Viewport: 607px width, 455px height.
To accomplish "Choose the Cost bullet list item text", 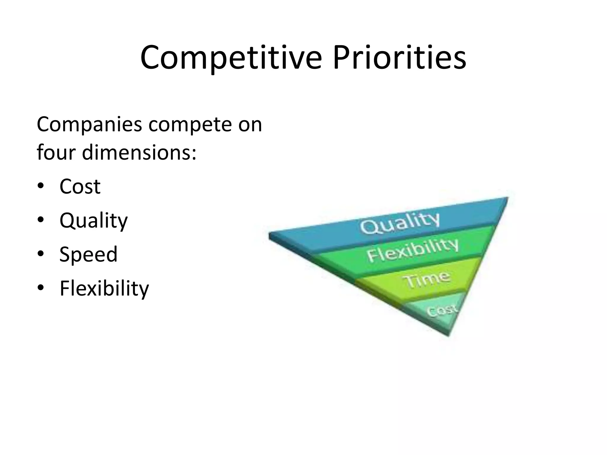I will [x=80, y=187].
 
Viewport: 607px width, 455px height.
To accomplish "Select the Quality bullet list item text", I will [x=94, y=221].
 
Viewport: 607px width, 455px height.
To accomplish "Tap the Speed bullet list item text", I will [x=88, y=254].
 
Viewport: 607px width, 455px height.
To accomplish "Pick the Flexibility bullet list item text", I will [x=104, y=288].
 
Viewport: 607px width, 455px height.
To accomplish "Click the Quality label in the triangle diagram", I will [x=400, y=223].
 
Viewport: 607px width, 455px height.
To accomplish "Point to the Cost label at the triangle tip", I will [x=442, y=310].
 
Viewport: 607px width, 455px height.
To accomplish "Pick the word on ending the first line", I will [x=250, y=124].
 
